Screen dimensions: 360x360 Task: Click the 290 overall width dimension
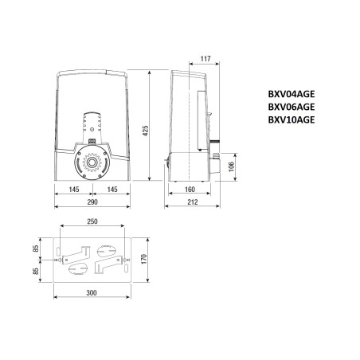(92, 203)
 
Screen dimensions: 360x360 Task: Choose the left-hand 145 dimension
(73, 190)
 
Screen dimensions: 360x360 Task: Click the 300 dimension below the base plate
(92, 293)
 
